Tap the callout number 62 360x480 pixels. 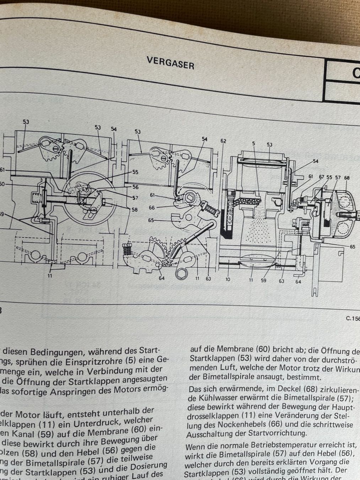[223, 141]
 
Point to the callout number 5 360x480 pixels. [254, 144]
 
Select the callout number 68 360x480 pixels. [347, 178]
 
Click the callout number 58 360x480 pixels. [134, 210]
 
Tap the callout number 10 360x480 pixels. [227, 279]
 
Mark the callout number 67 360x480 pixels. [322, 177]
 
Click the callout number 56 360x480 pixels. [135, 187]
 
